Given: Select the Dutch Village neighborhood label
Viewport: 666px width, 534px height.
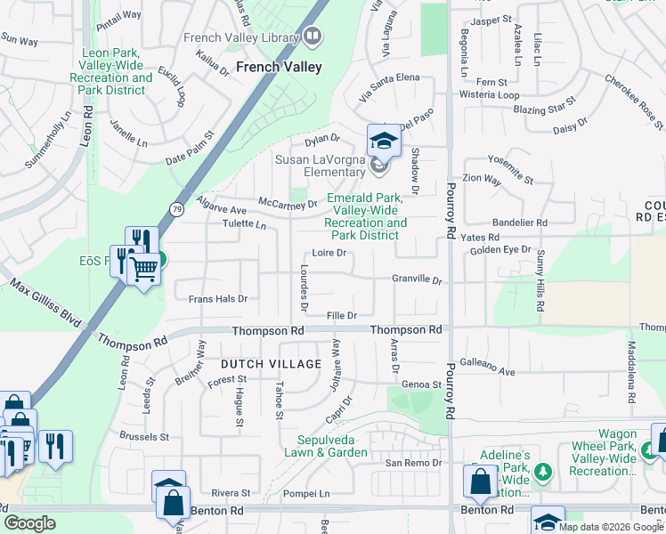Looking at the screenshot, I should (270, 364).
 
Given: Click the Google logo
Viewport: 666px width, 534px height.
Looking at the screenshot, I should (29, 523).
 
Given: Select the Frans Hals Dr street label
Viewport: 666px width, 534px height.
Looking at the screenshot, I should (217, 299).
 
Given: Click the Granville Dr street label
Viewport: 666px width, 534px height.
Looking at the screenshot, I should (417, 279).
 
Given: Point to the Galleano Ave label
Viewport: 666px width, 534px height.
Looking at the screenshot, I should (488, 371).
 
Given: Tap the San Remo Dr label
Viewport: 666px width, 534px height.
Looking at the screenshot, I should (413, 463).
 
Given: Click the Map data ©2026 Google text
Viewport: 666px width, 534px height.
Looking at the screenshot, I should (610, 526).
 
